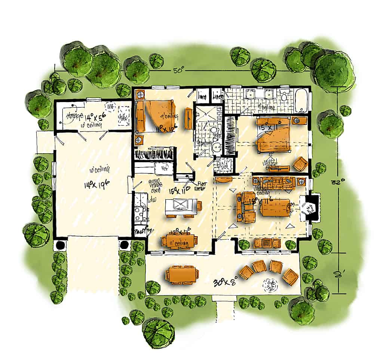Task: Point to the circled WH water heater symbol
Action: click(110, 107)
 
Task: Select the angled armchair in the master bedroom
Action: click(300, 164)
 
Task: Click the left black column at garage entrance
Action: click(60, 245)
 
